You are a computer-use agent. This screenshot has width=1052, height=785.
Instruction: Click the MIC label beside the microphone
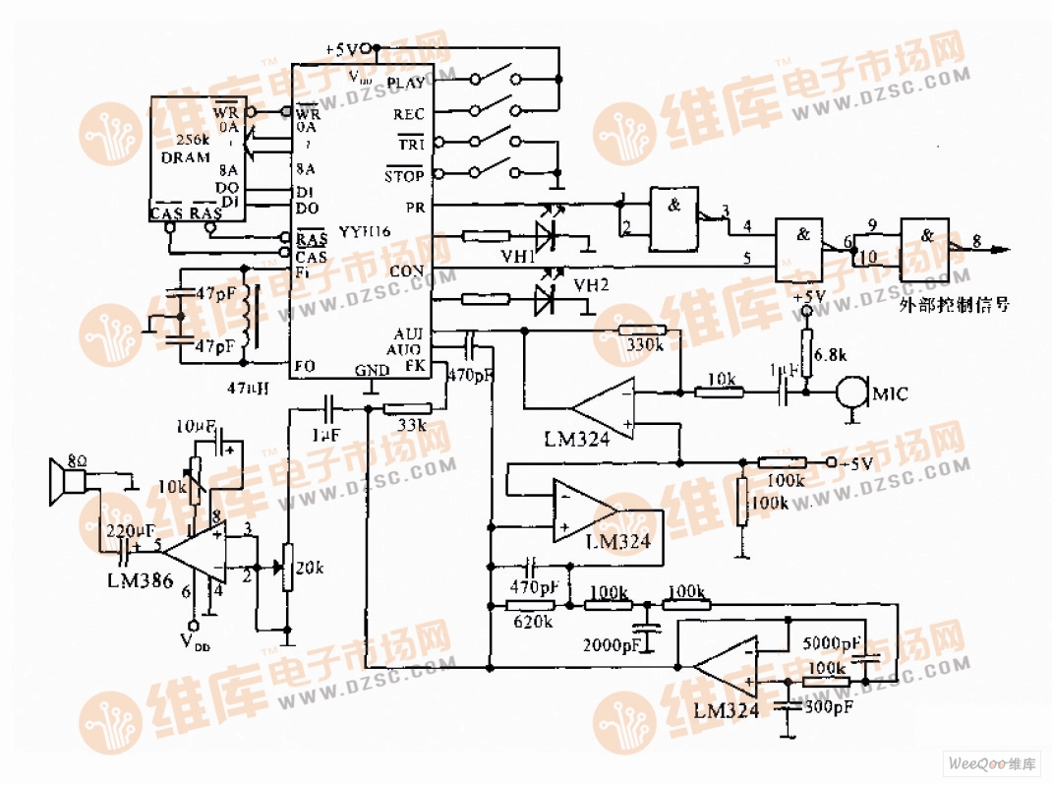890,394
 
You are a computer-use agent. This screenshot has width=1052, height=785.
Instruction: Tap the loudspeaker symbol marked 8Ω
70,481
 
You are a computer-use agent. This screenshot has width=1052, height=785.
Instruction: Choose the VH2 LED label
591,284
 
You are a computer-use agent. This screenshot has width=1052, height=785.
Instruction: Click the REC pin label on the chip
408,115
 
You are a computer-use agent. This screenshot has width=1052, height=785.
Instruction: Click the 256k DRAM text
186,149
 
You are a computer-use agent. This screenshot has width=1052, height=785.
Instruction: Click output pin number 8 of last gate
974,239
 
